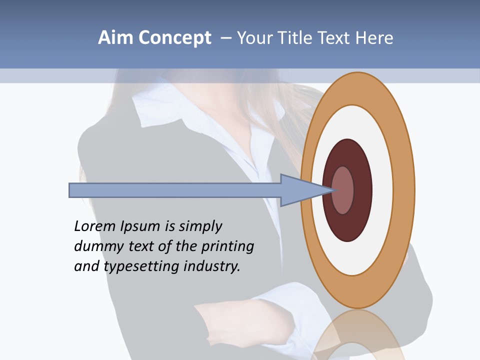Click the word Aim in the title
pyautogui.click(x=115, y=37)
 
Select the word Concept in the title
pyautogui.click(x=175, y=38)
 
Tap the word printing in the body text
pyautogui.click(x=227, y=246)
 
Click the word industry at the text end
pyautogui.click(x=212, y=266)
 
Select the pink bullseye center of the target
pyautogui.click(x=343, y=190)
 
